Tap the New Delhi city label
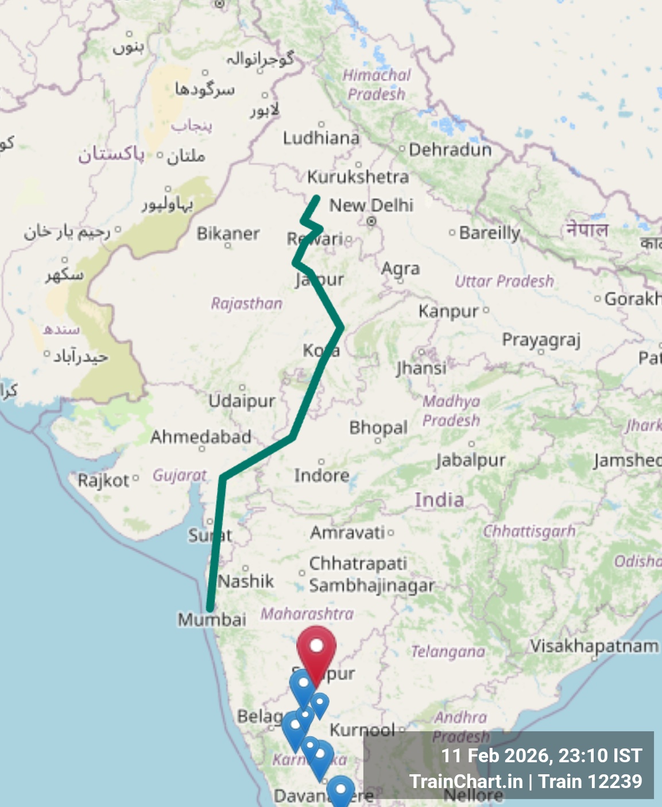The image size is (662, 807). point(371,205)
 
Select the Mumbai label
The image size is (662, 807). point(212,619)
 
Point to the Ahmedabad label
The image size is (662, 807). point(201,437)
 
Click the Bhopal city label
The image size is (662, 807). point(378,428)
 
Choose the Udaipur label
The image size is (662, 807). point(242,401)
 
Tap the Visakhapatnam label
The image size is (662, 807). point(594,646)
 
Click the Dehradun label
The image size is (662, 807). point(450,150)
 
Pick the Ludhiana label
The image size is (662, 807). point(321,138)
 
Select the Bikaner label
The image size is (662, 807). point(228,234)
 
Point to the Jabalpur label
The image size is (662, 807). point(471,460)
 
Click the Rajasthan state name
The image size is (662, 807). point(246,303)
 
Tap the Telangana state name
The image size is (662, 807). point(448,651)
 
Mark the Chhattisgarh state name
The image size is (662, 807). point(529,531)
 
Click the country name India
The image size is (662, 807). point(439,499)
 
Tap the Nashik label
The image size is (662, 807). point(246,581)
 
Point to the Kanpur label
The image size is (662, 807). point(448,311)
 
